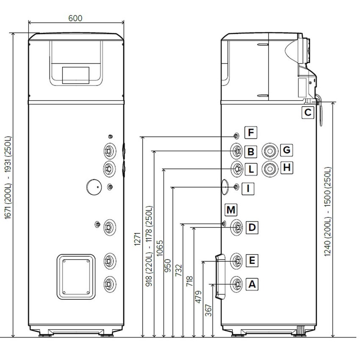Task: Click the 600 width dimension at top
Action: [x=75, y=18]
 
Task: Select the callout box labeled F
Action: [x=251, y=133]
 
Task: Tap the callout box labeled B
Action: [x=251, y=151]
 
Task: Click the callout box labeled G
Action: [x=287, y=150]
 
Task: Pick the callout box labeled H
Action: [x=287, y=168]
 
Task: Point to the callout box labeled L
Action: [x=251, y=169]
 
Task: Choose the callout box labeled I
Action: [x=249, y=188]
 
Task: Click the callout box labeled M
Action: [x=231, y=210]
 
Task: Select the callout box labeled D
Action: [x=252, y=228]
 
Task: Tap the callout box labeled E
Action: [x=252, y=260]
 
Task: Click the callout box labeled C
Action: [x=308, y=113]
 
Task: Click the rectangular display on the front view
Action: [x=76, y=75]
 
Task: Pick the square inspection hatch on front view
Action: [x=75, y=277]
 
